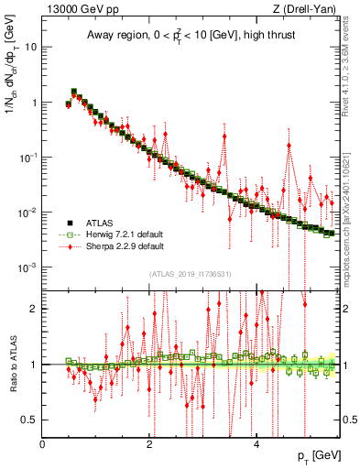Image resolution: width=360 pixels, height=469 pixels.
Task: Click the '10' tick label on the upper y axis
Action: [30, 47]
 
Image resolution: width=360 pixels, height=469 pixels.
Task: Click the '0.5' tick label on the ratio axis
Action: [29, 420]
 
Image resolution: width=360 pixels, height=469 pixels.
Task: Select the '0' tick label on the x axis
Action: [43, 444]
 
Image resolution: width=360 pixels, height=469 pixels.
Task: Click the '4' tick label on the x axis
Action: [256, 444]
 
